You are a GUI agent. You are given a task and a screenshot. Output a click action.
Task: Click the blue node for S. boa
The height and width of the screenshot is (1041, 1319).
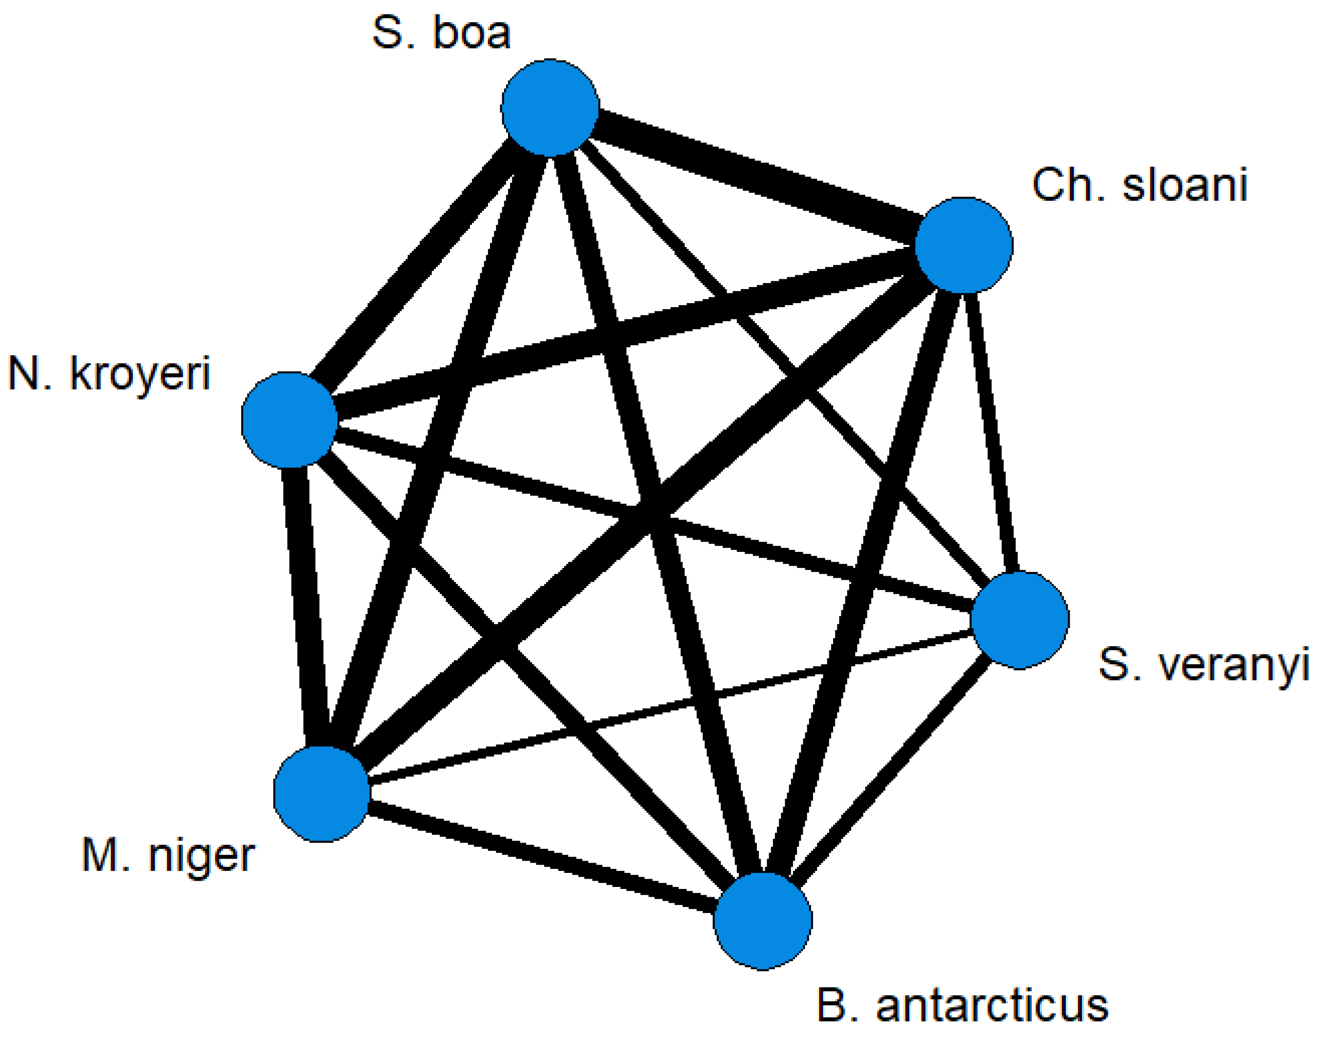pos(550,108)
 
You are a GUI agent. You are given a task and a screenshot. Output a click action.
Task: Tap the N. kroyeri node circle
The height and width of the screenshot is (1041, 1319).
pos(290,420)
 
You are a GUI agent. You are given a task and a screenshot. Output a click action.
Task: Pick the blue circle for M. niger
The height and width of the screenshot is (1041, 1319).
pos(322,794)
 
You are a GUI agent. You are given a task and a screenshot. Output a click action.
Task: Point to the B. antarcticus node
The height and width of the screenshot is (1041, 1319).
pos(762,920)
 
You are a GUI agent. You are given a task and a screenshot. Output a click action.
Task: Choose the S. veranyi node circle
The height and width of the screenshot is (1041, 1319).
pos(1019,620)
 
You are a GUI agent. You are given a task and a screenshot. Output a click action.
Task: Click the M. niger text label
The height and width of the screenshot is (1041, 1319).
pos(168,855)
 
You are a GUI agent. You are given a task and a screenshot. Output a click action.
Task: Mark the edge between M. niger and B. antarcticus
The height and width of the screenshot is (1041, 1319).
pos(542,857)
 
